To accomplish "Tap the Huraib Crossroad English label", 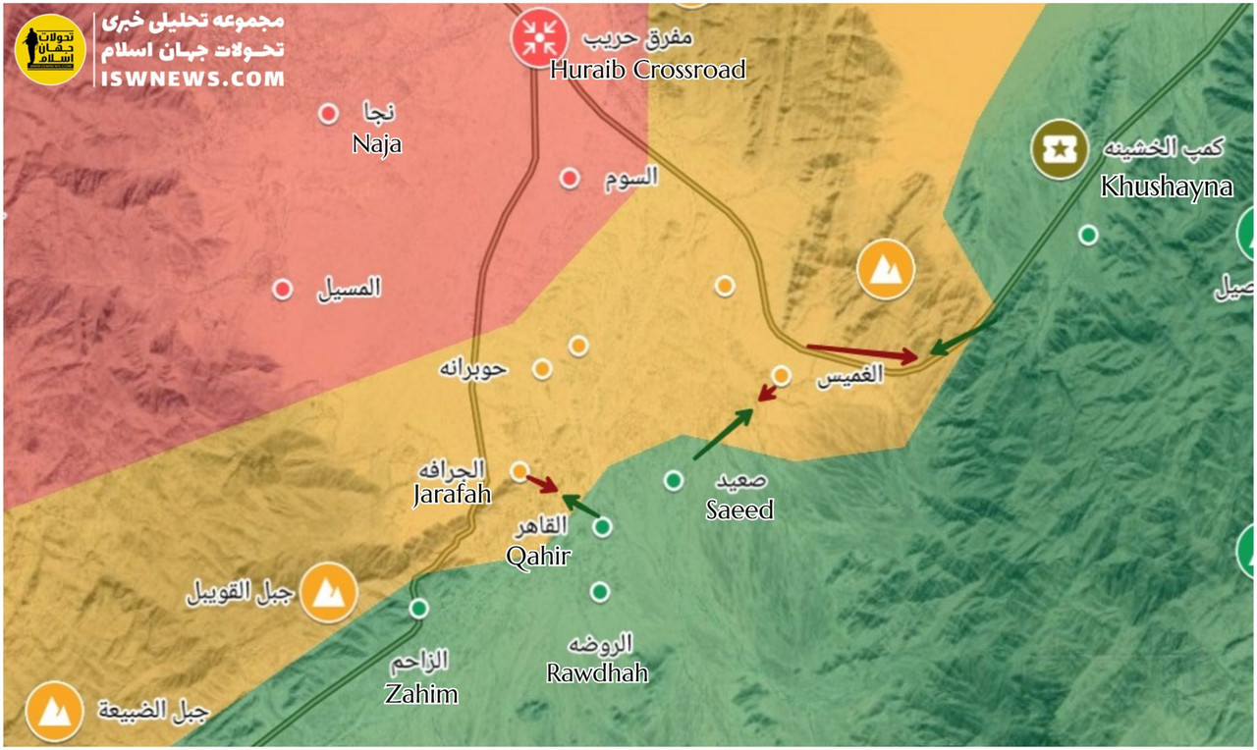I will coord(647,70).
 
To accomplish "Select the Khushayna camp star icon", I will coord(1059,149).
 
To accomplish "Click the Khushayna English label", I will coord(1167,187).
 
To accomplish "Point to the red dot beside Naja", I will coord(328,115).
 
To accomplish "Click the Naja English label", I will coord(377,145).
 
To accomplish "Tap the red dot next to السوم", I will coord(570,179).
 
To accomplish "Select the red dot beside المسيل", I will coord(283,290).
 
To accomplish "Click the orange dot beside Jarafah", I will coord(520,471).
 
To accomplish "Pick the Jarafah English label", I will coord(452,495).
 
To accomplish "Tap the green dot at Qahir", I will coord(603,527).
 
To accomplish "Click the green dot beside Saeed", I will coord(674,480).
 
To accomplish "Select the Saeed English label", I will coord(739,509).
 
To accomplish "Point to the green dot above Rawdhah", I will coord(600,592).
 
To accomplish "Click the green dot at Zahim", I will coord(419,609).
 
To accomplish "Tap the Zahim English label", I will coord(420,694).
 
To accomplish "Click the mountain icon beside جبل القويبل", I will coord(328,593).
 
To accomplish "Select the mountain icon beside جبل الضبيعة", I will coord(54,711).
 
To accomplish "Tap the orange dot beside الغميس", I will coord(782,375).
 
